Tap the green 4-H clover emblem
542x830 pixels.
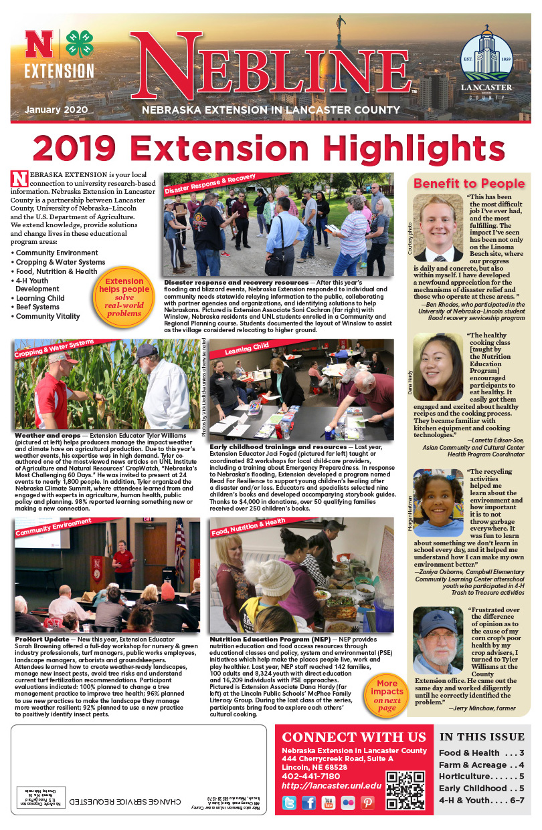point(79,44)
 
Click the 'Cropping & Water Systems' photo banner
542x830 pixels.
point(54,348)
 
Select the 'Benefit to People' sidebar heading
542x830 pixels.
point(468,183)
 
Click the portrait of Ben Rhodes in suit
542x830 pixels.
point(438,228)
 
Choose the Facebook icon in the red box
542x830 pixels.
point(308,802)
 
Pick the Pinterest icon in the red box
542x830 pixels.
point(367,802)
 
